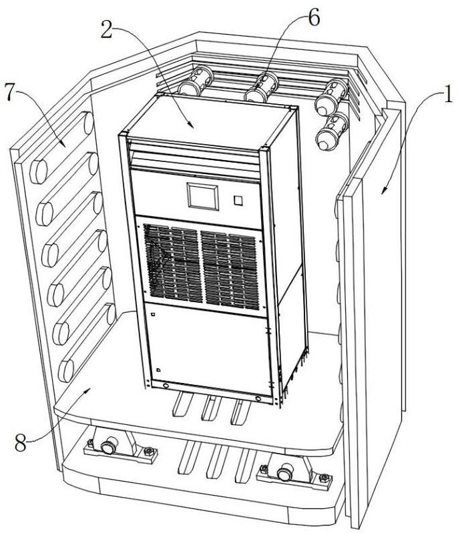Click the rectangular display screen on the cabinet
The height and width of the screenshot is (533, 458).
pyautogui.click(x=202, y=196)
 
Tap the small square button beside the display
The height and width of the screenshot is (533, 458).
pyautogui.click(x=237, y=199)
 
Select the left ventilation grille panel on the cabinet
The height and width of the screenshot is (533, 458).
pyautogui.click(x=172, y=262)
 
